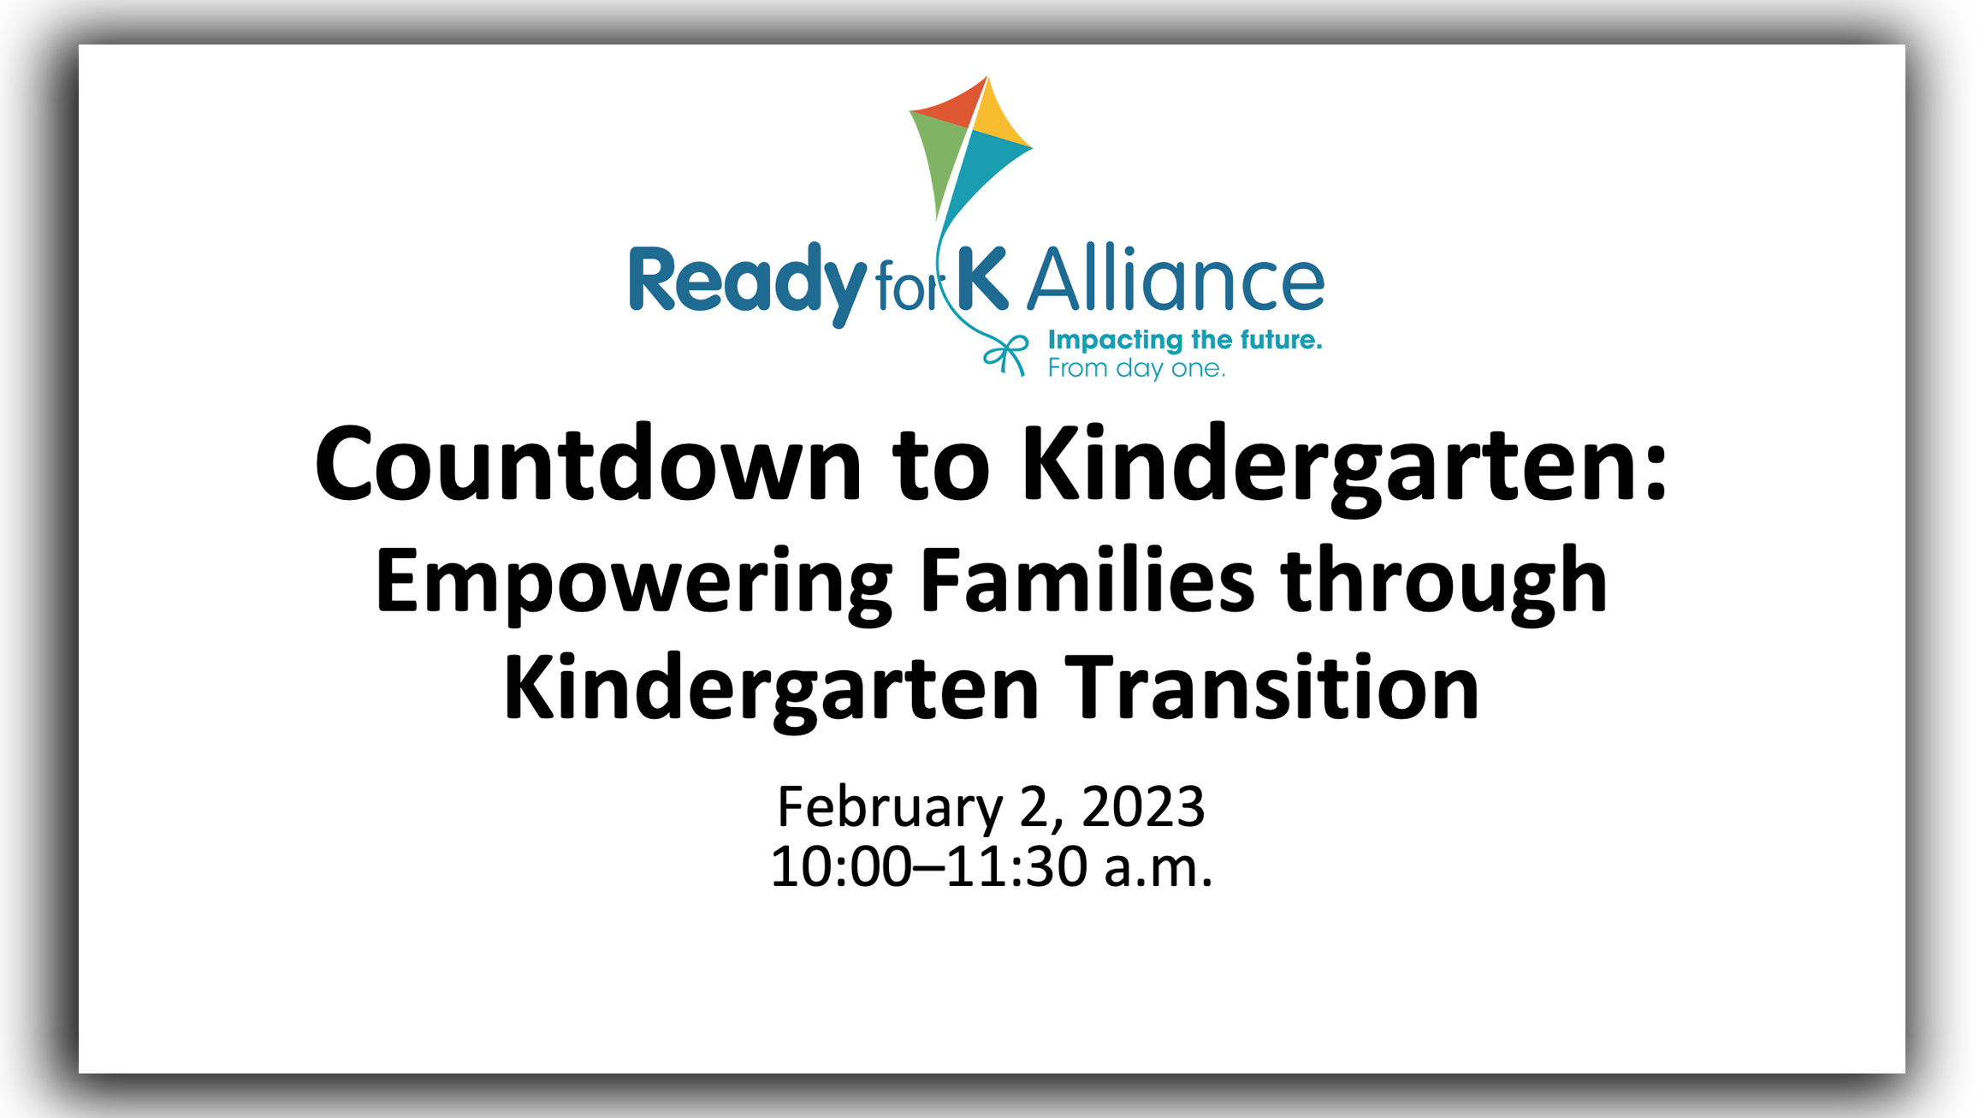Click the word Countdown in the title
point(589,463)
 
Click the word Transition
point(1275,687)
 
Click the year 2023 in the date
point(1143,806)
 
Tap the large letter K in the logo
point(983,278)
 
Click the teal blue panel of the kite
point(984,171)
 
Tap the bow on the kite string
point(1006,354)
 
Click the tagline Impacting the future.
point(1185,340)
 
